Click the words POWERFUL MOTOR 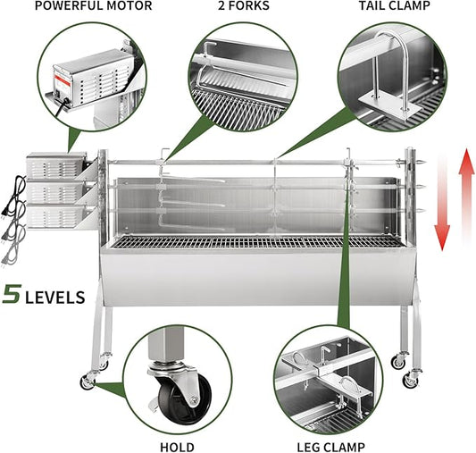point(79,6)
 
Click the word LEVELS point(54,296)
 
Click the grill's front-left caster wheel point(88,382)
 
